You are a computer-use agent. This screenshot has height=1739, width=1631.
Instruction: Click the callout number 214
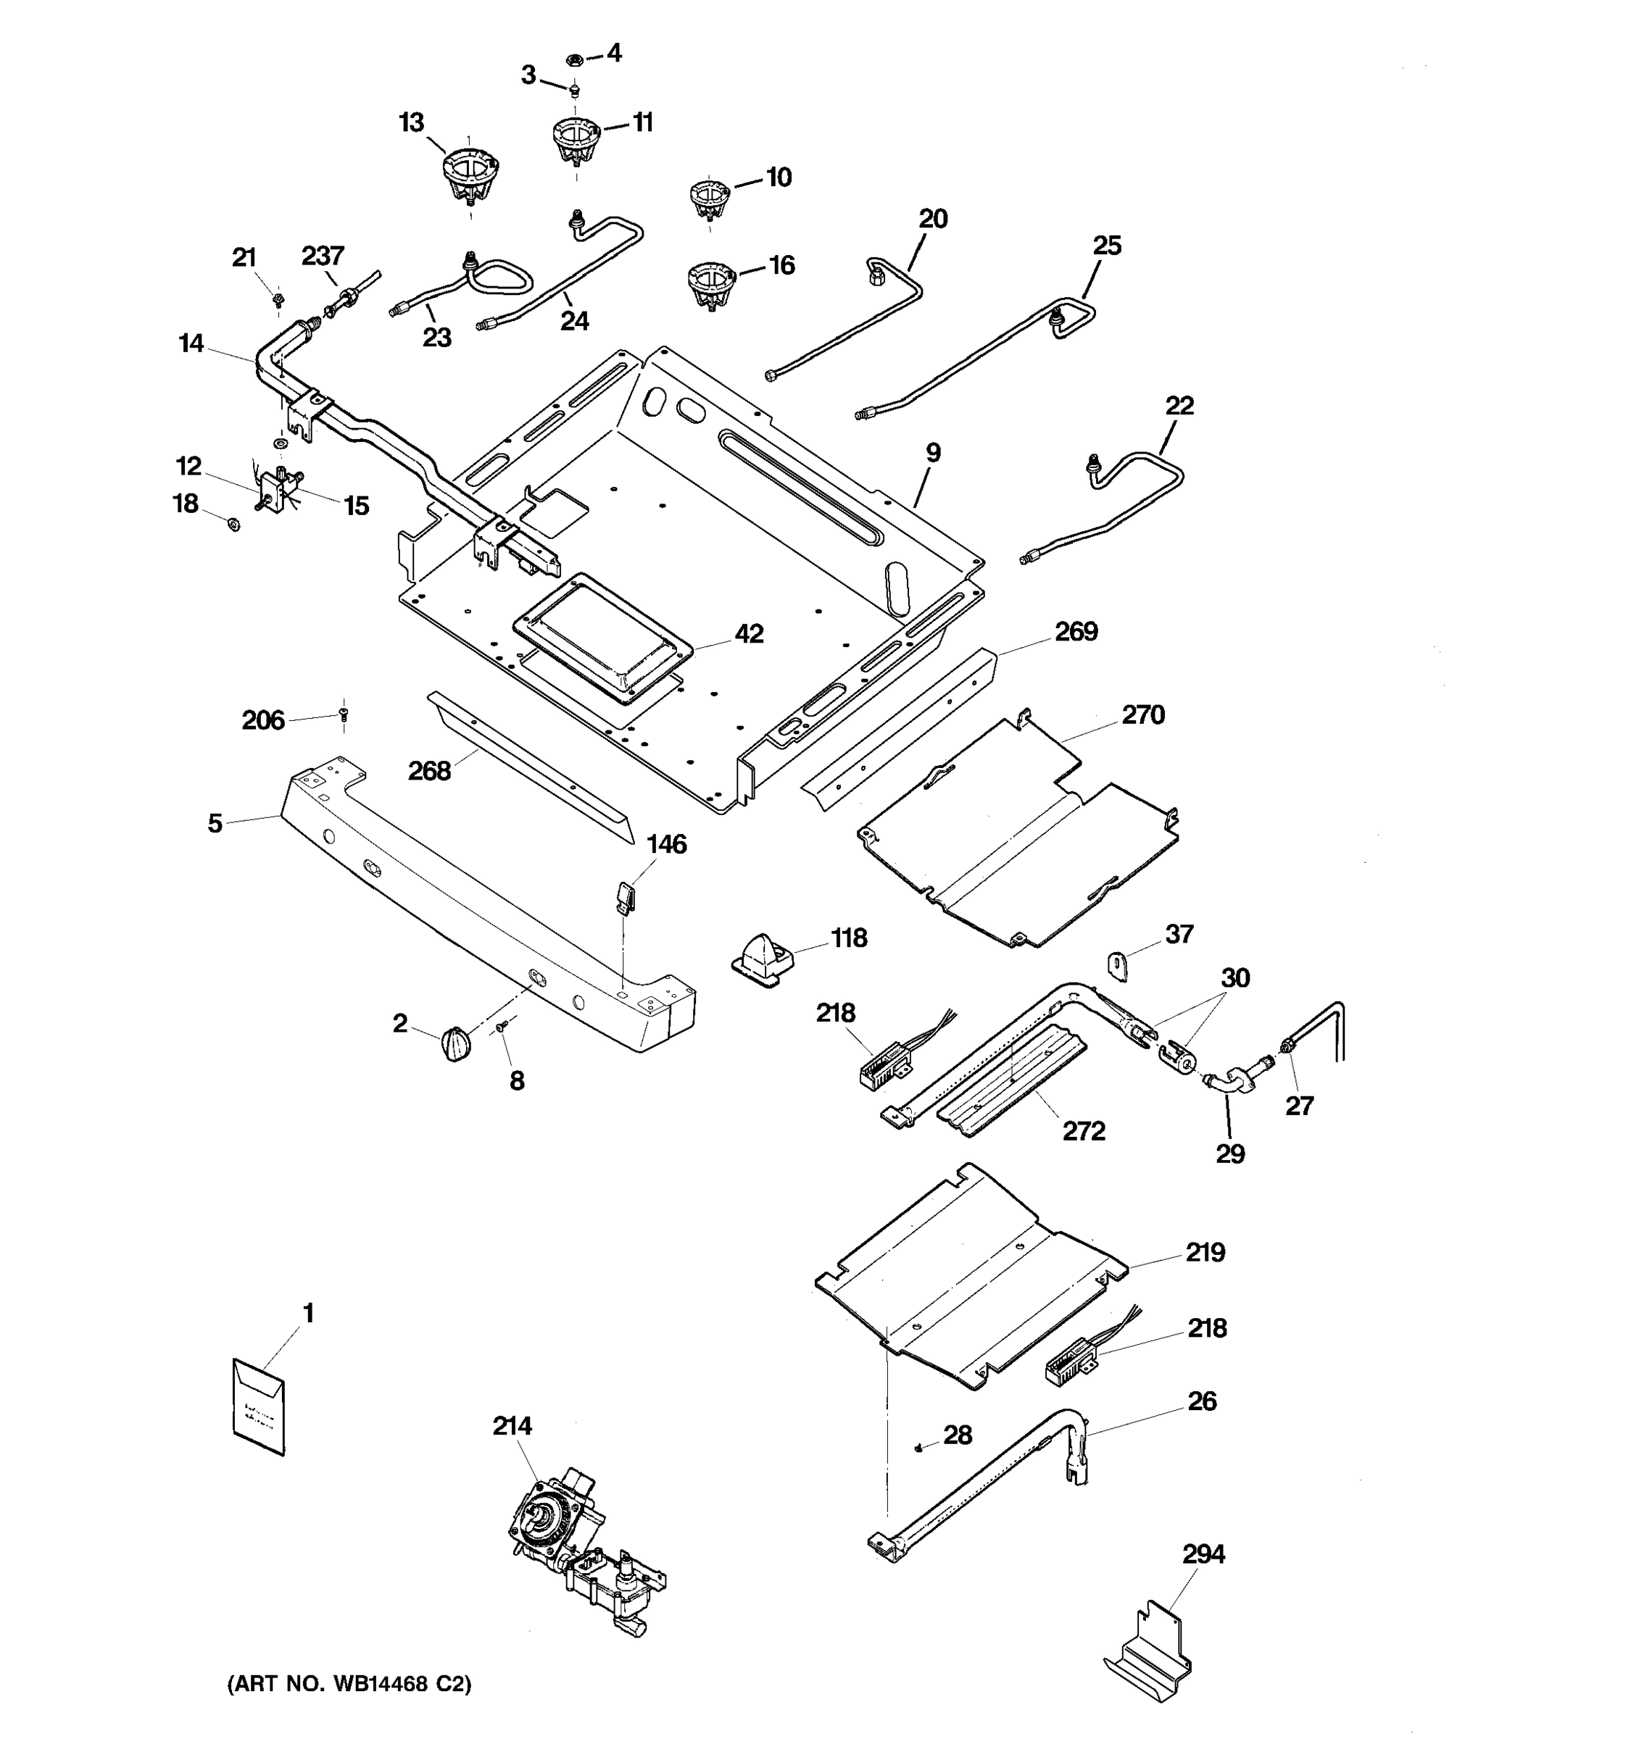click(x=512, y=1426)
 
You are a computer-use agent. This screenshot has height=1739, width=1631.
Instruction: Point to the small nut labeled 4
click(x=574, y=60)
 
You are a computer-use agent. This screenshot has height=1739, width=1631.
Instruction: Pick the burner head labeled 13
click(x=468, y=175)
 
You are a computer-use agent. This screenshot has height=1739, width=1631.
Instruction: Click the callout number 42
click(x=749, y=633)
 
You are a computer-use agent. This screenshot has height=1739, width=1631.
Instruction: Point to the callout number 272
click(x=1083, y=1131)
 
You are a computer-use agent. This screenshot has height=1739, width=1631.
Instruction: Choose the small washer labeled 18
click(x=233, y=524)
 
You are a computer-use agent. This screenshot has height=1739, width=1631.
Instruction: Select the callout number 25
click(x=1107, y=245)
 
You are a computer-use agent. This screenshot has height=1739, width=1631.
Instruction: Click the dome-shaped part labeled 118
click(x=762, y=959)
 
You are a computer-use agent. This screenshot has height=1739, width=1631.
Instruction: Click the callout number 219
click(x=1205, y=1252)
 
